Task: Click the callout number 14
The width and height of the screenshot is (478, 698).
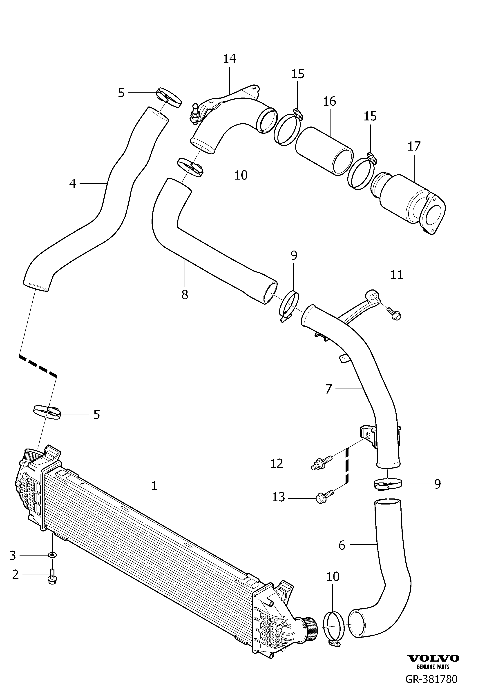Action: pos(230,59)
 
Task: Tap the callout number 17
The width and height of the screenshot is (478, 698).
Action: pos(414,146)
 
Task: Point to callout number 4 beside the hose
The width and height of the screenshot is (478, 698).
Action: pos(73,184)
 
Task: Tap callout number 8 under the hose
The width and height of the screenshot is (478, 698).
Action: pos(185,295)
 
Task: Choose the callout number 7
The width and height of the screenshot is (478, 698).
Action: pos(328,389)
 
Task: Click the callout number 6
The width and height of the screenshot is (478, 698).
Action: pos(342,545)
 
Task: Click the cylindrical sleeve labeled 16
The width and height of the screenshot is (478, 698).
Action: pos(324,151)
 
